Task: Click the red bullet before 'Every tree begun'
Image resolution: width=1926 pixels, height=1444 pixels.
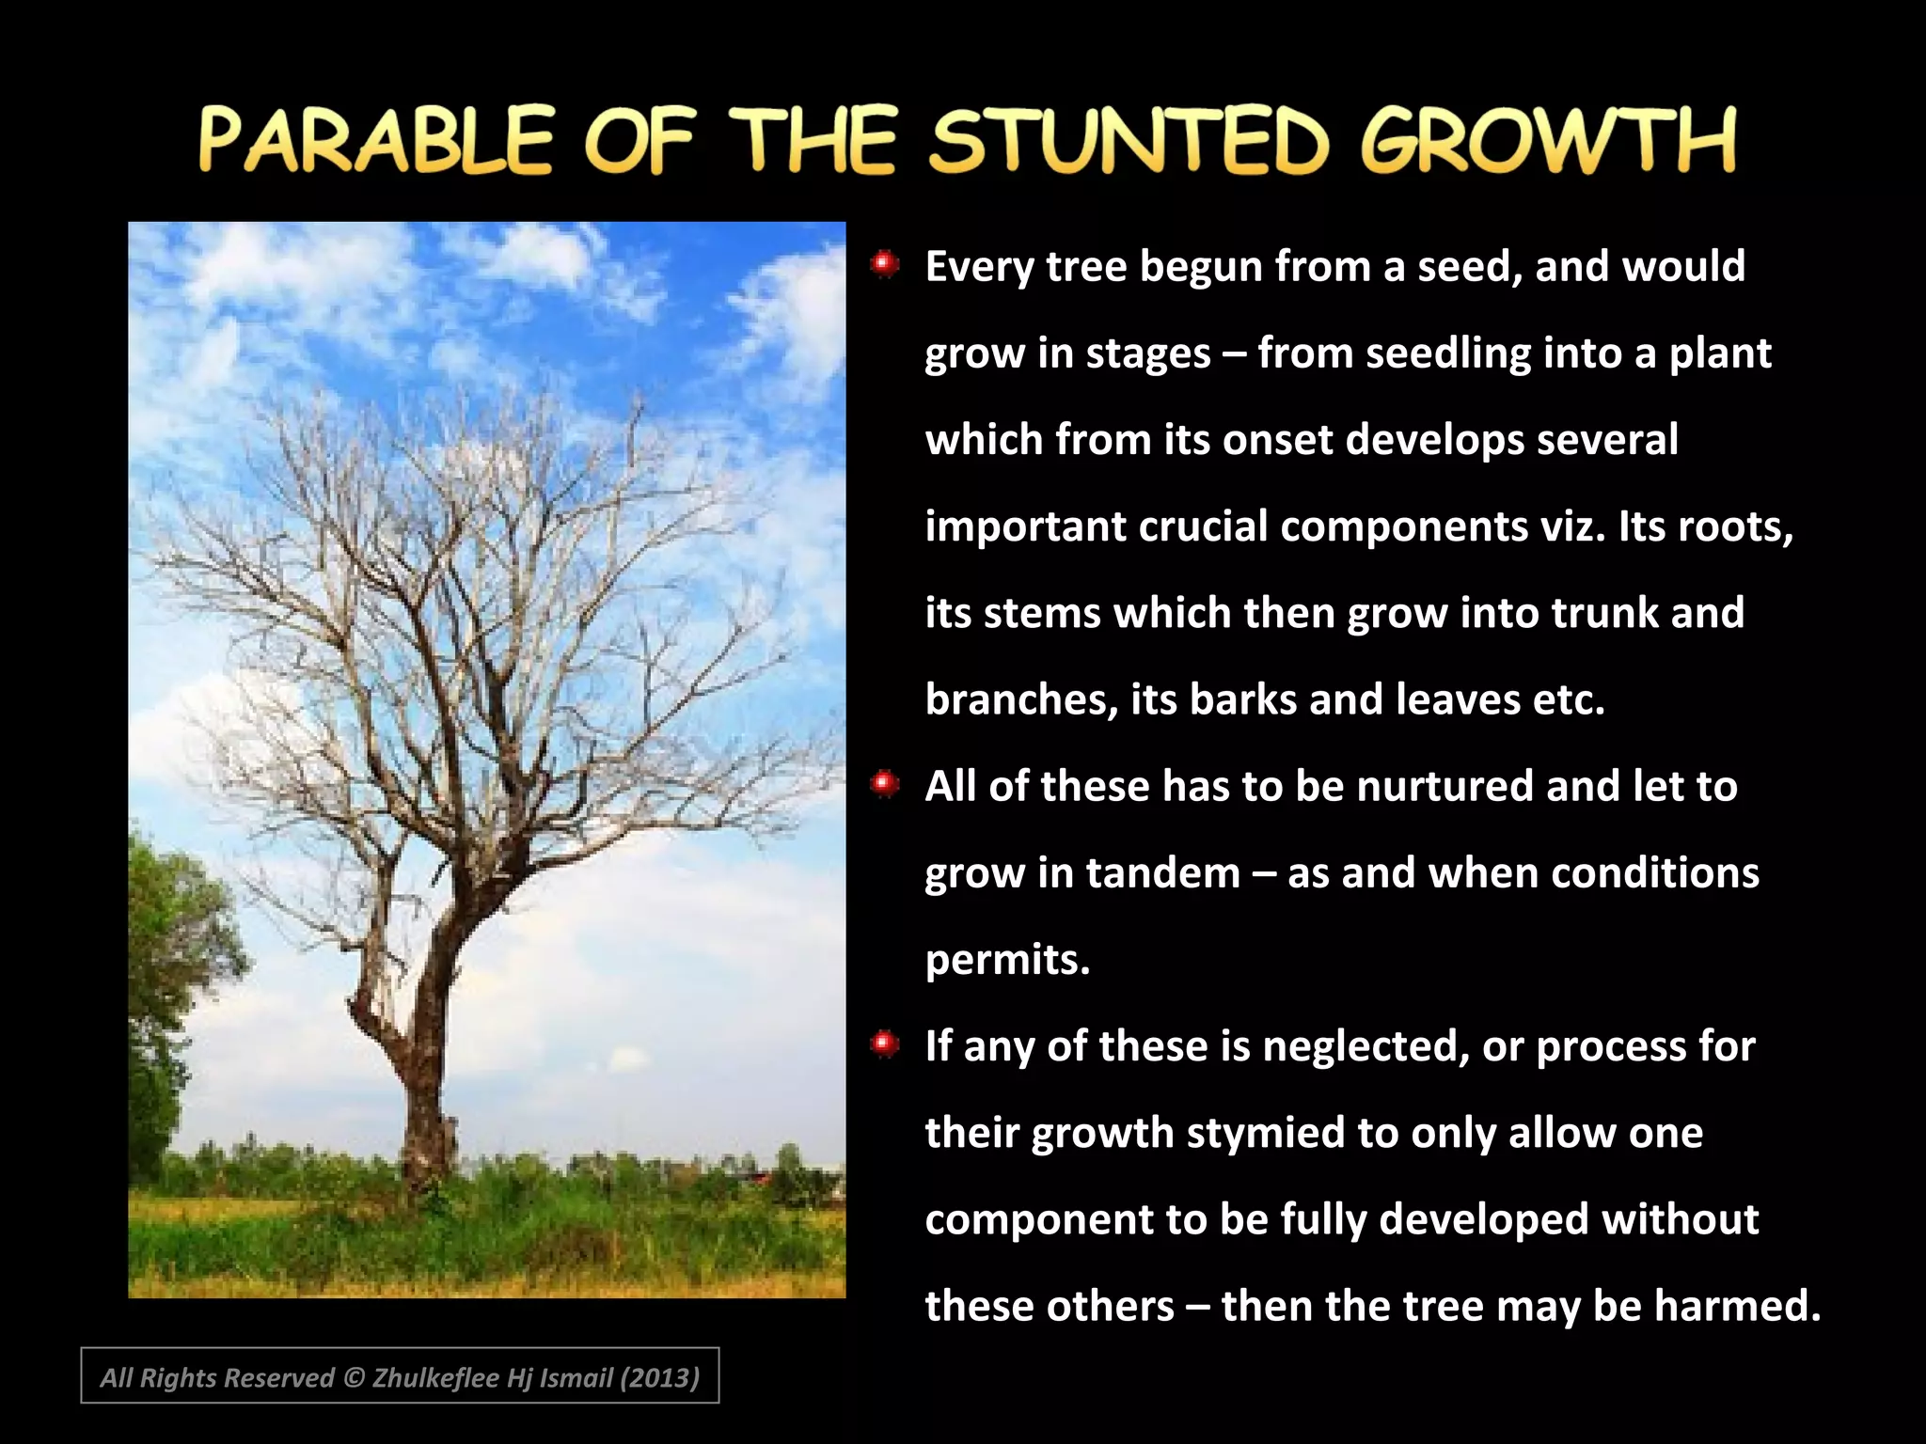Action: pos(884,264)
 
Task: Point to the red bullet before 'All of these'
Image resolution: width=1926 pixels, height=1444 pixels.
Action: pos(884,783)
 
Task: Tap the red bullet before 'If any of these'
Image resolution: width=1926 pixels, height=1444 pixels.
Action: pos(884,1043)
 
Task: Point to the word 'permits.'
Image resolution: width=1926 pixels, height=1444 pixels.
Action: pos(1007,960)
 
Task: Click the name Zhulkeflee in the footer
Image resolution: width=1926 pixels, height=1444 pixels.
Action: pos(435,1378)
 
